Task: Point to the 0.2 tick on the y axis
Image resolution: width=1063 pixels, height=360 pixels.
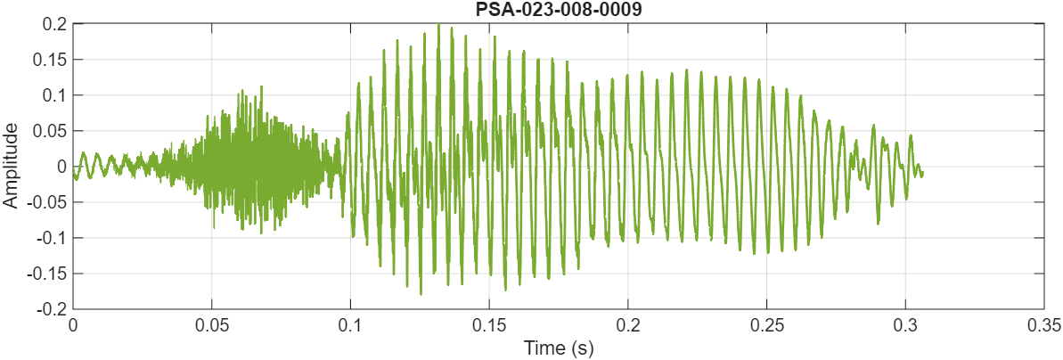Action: [53, 24]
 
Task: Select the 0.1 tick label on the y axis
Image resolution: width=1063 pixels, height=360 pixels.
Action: [53, 95]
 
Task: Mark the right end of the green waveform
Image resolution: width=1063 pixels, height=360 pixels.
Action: [922, 172]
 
